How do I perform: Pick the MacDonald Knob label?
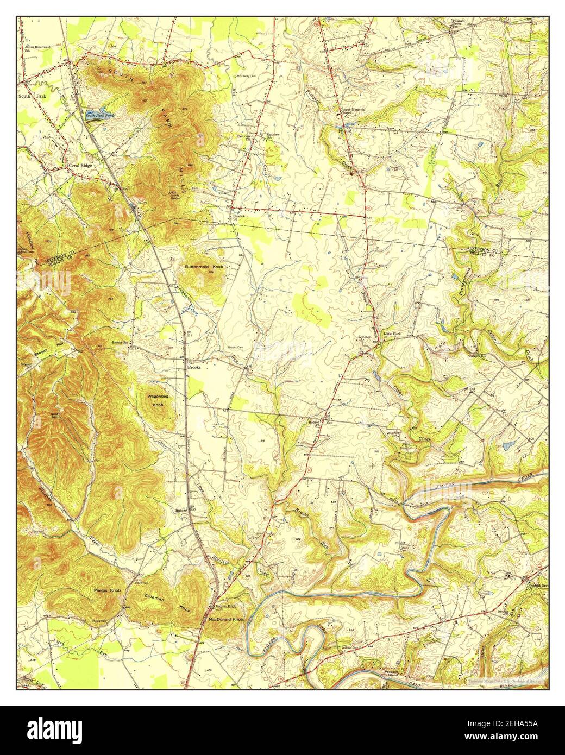pos(225,619)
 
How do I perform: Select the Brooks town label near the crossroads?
pos(194,367)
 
